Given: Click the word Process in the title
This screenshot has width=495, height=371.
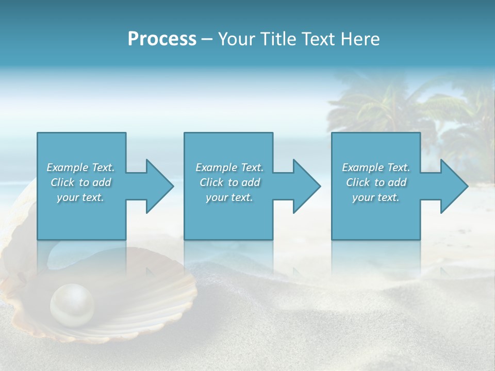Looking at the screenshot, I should click(x=162, y=39).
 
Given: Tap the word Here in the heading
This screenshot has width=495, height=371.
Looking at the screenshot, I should click(x=360, y=39).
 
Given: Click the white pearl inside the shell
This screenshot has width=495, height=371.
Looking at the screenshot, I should click(x=72, y=304).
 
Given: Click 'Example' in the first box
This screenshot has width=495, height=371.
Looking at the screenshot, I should click(x=67, y=167).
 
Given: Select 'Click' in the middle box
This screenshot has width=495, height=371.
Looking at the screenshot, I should click(x=212, y=182).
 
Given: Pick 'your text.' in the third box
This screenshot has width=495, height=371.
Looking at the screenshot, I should click(x=376, y=197).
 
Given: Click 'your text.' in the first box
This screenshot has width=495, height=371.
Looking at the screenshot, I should click(x=80, y=197).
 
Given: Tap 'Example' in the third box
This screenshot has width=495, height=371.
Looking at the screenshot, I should click(x=362, y=167).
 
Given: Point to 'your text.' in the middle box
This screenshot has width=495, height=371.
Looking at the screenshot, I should click(x=229, y=197).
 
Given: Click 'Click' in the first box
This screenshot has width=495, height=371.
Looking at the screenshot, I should click(x=63, y=182).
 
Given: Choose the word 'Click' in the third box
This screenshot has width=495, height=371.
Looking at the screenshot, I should click(x=358, y=182).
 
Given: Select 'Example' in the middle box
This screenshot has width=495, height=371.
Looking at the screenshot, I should click(x=216, y=167).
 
